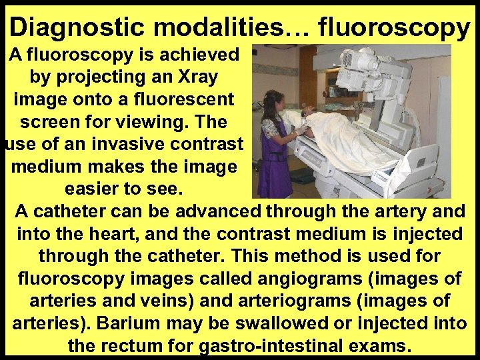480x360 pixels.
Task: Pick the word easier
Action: (x=99, y=189)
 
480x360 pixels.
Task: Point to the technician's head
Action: (x=276, y=100)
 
